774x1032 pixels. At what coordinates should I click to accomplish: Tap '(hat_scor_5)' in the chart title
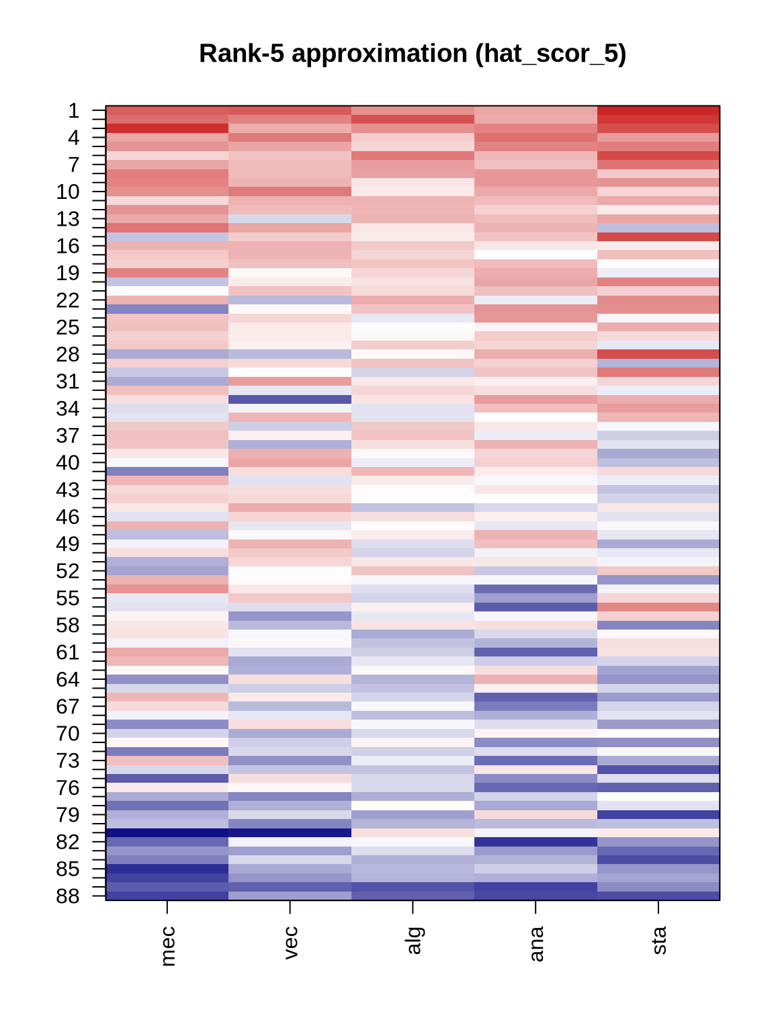550,54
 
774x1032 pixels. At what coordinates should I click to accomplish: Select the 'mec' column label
168,945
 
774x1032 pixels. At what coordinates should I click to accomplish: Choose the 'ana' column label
536,943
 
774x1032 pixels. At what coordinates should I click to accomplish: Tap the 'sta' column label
659,940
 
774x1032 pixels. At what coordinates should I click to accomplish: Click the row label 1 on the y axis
73,111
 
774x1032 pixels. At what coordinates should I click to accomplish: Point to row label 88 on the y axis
67,896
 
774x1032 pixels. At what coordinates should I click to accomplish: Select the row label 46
67,517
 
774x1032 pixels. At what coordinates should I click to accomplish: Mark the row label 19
67,273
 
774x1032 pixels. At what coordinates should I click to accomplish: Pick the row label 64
67,679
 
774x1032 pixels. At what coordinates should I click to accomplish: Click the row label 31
67,382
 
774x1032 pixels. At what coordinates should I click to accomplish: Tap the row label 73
67,761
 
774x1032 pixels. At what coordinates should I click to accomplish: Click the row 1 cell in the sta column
658,110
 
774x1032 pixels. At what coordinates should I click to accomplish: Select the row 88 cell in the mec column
167,896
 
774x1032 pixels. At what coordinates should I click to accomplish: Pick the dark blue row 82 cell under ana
535,841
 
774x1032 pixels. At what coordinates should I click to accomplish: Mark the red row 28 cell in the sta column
658,354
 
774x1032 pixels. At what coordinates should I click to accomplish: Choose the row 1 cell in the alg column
413,110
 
